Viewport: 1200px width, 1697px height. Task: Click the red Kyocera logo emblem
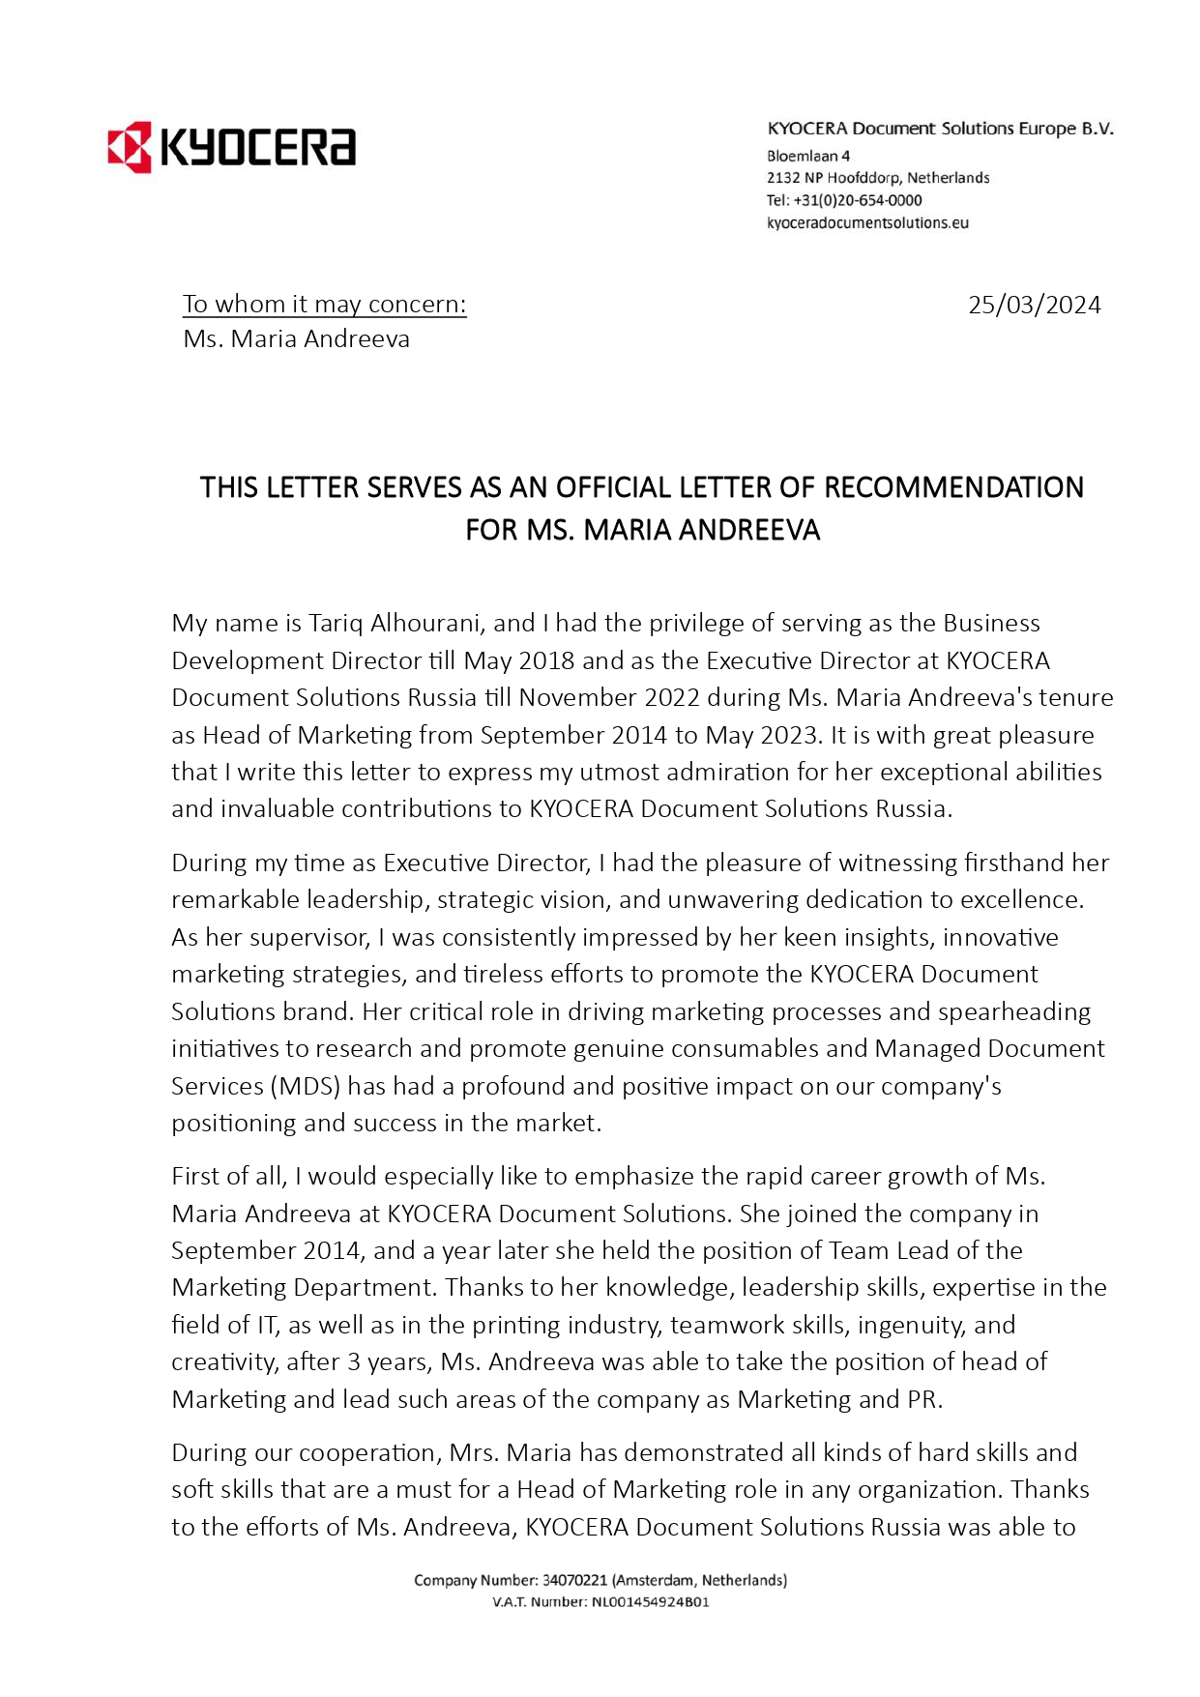(130, 147)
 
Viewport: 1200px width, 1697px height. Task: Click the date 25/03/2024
(1034, 306)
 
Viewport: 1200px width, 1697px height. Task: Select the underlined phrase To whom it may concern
(324, 305)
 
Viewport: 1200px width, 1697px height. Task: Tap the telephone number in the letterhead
(857, 201)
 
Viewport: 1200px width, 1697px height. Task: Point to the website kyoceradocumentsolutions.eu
(867, 223)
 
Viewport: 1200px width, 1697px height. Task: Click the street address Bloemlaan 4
(808, 156)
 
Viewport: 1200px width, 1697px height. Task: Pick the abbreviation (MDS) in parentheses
(304, 1086)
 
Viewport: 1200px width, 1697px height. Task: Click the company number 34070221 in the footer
(574, 1580)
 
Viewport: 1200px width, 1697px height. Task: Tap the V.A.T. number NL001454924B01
(650, 1601)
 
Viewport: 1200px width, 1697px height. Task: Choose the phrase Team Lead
(889, 1251)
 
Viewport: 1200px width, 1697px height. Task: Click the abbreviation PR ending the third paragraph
(922, 1399)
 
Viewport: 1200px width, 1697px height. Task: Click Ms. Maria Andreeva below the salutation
(296, 339)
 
